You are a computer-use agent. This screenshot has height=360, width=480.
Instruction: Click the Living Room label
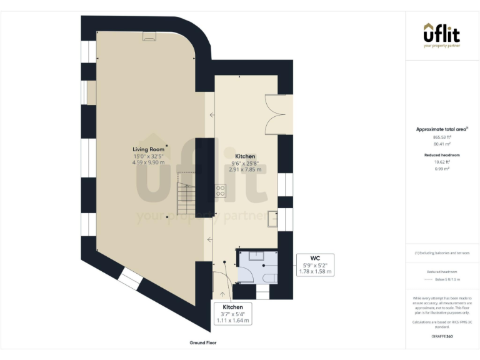(148, 149)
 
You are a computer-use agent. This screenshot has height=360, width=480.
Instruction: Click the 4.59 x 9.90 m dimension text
(148, 162)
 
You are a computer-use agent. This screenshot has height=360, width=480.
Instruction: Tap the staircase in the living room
(187, 194)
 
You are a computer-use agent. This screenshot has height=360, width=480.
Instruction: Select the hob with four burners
(221, 191)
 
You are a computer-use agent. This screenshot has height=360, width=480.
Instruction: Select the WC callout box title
(316, 257)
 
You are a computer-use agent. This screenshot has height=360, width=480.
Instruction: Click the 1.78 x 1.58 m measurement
(316, 272)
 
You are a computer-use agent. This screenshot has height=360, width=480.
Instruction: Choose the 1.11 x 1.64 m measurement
(232, 321)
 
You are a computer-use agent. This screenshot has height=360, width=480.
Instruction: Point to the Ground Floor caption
(203, 343)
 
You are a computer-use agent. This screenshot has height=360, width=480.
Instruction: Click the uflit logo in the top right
(442, 34)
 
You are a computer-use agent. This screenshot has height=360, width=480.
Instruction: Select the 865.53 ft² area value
(442, 137)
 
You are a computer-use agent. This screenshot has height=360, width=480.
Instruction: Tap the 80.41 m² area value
(442, 144)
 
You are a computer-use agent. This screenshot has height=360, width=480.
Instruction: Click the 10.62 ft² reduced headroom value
(442, 161)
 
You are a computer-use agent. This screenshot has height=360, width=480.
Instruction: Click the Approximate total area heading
(441, 129)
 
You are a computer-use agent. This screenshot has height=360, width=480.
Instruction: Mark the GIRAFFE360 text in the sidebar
(442, 336)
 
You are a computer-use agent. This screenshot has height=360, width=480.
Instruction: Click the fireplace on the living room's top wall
(150, 37)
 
